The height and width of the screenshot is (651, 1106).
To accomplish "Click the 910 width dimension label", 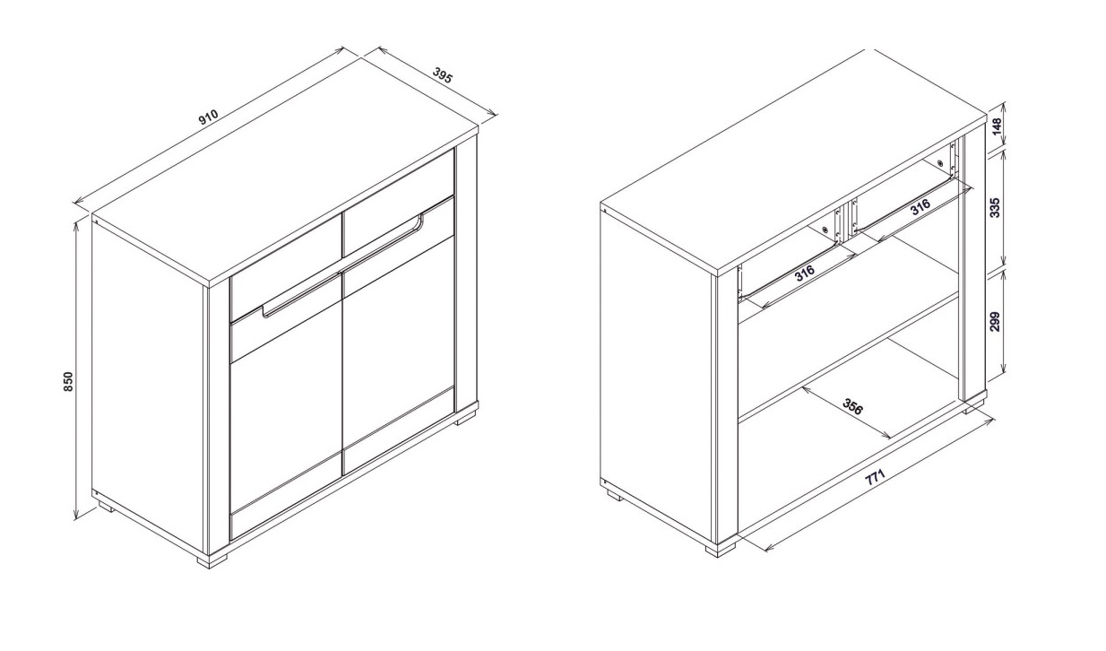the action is [x=208, y=117].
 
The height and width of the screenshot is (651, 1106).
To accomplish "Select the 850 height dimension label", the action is [x=69, y=381].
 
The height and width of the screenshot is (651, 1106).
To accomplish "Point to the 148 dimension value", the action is [x=997, y=127].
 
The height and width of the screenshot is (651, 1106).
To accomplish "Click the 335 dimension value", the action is [x=995, y=207].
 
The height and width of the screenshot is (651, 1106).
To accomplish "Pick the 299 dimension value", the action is [x=995, y=322].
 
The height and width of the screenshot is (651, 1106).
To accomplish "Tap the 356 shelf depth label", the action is [x=852, y=406].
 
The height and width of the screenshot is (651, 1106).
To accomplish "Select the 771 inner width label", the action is [x=875, y=478].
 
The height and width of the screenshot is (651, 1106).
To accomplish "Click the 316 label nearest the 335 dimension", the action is [x=920, y=206].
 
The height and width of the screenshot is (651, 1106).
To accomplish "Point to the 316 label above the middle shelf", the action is [x=804, y=273].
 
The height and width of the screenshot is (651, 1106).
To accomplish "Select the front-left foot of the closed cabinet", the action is [x=212, y=561].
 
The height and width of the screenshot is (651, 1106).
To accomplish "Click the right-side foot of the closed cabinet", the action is [x=465, y=418].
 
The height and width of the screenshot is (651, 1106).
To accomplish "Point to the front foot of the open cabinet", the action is [x=721, y=550].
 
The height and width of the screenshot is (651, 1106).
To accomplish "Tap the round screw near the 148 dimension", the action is [x=940, y=162].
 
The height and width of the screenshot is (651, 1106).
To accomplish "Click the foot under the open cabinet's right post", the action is [x=973, y=406].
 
